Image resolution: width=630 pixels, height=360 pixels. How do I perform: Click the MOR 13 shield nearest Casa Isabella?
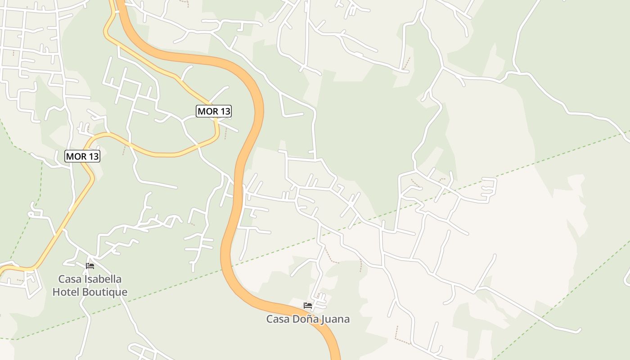[x=82, y=156]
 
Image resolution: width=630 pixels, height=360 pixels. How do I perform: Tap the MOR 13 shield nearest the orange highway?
[x=214, y=111]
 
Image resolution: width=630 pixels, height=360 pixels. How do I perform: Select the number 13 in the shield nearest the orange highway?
[x=225, y=111]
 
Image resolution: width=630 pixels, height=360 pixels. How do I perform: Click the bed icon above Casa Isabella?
[x=90, y=266]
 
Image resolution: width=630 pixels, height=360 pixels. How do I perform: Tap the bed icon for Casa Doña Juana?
[x=308, y=305]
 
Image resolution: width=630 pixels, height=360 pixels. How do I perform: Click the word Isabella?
[x=103, y=279]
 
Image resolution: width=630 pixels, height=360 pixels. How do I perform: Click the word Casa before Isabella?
[x=70, y=279]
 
